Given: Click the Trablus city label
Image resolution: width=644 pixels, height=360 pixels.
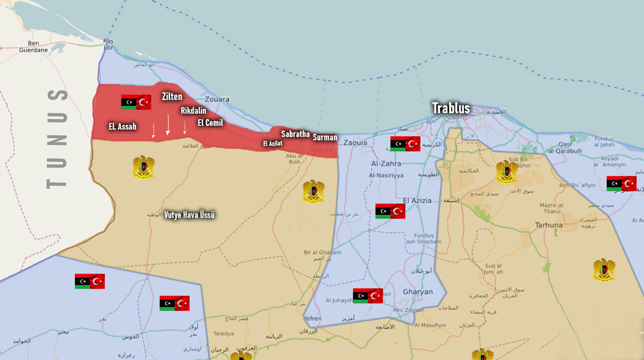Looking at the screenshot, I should pos(451,108).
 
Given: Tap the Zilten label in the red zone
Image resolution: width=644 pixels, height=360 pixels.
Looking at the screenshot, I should pos(172,97).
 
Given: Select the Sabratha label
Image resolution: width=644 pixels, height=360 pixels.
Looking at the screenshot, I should pos(295,134).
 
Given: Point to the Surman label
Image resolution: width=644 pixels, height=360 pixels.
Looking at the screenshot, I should pos(325,137).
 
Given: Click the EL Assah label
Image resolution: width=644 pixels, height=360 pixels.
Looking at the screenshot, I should pos(123,127).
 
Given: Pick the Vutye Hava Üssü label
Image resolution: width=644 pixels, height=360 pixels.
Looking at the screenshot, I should pos(190,215).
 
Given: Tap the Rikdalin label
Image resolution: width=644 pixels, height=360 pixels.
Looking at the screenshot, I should pos(194,111).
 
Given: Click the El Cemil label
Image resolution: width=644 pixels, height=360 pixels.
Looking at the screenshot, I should pos(210,123).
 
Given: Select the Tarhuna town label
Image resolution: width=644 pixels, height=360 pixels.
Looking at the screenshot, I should pos(549,225).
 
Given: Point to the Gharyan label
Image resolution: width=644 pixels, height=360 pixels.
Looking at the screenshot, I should pos(418,292).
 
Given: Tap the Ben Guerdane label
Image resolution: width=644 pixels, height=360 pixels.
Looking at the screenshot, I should pos(33,47).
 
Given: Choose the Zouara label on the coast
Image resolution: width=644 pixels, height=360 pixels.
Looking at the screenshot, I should pos(217,100).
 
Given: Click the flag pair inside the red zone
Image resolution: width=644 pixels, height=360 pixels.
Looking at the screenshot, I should pos(136,102).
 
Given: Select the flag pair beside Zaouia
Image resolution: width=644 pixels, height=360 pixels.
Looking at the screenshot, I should pos(405,144).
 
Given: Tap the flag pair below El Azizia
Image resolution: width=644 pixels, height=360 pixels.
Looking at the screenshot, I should pos(390,211).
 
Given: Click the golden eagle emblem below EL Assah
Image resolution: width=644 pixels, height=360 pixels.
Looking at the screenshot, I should pos(143,167).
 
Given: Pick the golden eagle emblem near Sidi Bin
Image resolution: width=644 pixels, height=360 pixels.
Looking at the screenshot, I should pos(507,172).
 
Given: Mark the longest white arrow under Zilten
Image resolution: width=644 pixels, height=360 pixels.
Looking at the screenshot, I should pos(168,124).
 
